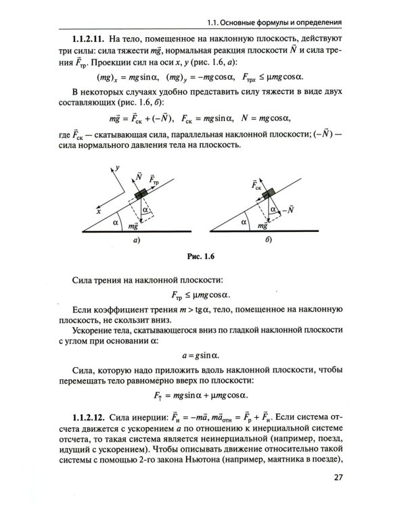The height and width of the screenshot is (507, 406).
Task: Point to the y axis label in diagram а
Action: pyautogui.click(x=117, y=166)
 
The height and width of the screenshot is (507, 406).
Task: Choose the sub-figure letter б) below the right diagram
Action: pyautogui.click(x=269, y=240)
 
